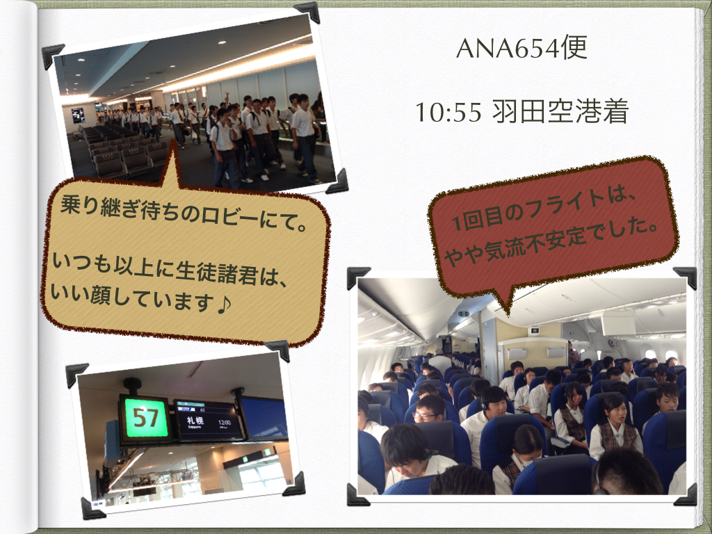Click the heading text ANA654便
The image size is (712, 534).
[521, 48]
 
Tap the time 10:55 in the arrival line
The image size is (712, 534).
[448, 112]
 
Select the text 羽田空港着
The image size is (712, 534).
[560, 111]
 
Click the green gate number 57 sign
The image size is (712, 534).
[145, 418]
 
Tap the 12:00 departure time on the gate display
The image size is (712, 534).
[225, 423]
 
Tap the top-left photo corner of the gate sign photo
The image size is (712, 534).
[76, 374]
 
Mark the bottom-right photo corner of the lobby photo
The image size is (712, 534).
[338, 181]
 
